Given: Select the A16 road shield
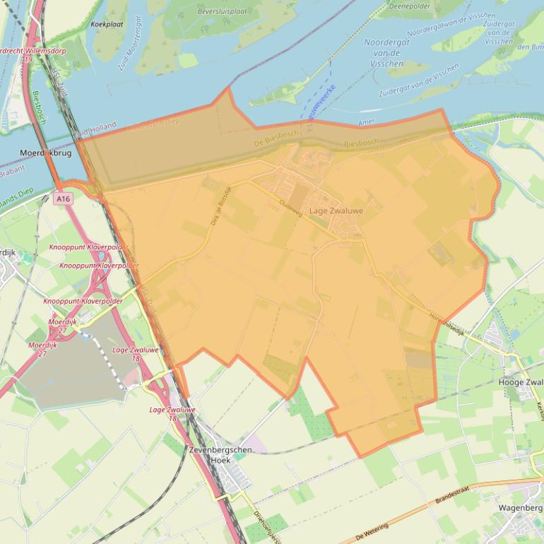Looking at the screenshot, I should coord(64,199).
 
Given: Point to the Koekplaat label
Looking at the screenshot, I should coord(107,24).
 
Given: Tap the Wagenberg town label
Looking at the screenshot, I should coord(520,507).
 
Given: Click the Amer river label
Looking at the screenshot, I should coord(367,122).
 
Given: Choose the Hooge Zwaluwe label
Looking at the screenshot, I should coord(521,382).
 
